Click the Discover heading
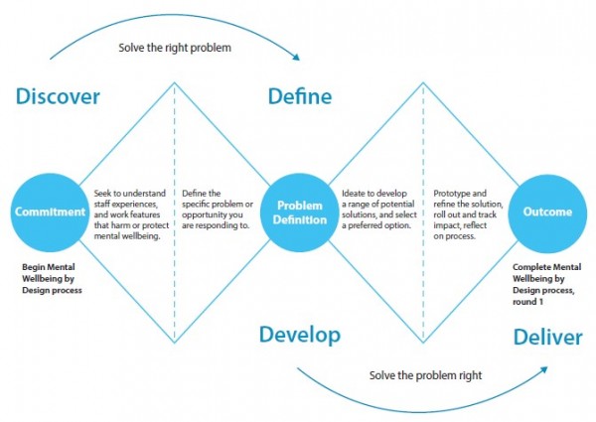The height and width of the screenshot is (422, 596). [x=58, y=96]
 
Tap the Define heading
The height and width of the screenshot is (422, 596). [x=300, y=96]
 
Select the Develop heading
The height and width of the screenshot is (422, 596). [x=300, y=336]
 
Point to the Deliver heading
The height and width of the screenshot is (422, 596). [x=547, y=337]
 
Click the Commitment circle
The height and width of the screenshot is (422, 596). [x=50, y=212]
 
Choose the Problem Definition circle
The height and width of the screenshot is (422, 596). [x=300, y=212]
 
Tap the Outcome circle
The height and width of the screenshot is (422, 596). [x=547, y=212]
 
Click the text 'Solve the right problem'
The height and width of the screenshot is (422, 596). [x=175, y=48]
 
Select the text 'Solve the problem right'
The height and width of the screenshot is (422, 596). [x=425, y=375]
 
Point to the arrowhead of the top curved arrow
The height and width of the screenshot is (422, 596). [x=296, y=57]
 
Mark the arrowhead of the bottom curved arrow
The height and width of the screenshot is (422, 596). [x=544, y=369]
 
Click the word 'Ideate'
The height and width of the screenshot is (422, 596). [x=355, y=194]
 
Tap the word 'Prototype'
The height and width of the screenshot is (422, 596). [x=452, y=194]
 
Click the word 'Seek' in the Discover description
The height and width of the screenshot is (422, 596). [x=102, y=194]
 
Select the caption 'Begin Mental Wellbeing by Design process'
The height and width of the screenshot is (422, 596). [x=52, y=279]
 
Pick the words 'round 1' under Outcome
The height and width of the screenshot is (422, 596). [x=527, y=302]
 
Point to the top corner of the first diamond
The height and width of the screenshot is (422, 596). [x=175, y=82]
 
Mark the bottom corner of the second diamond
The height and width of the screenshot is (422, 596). [x=423, y=343]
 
